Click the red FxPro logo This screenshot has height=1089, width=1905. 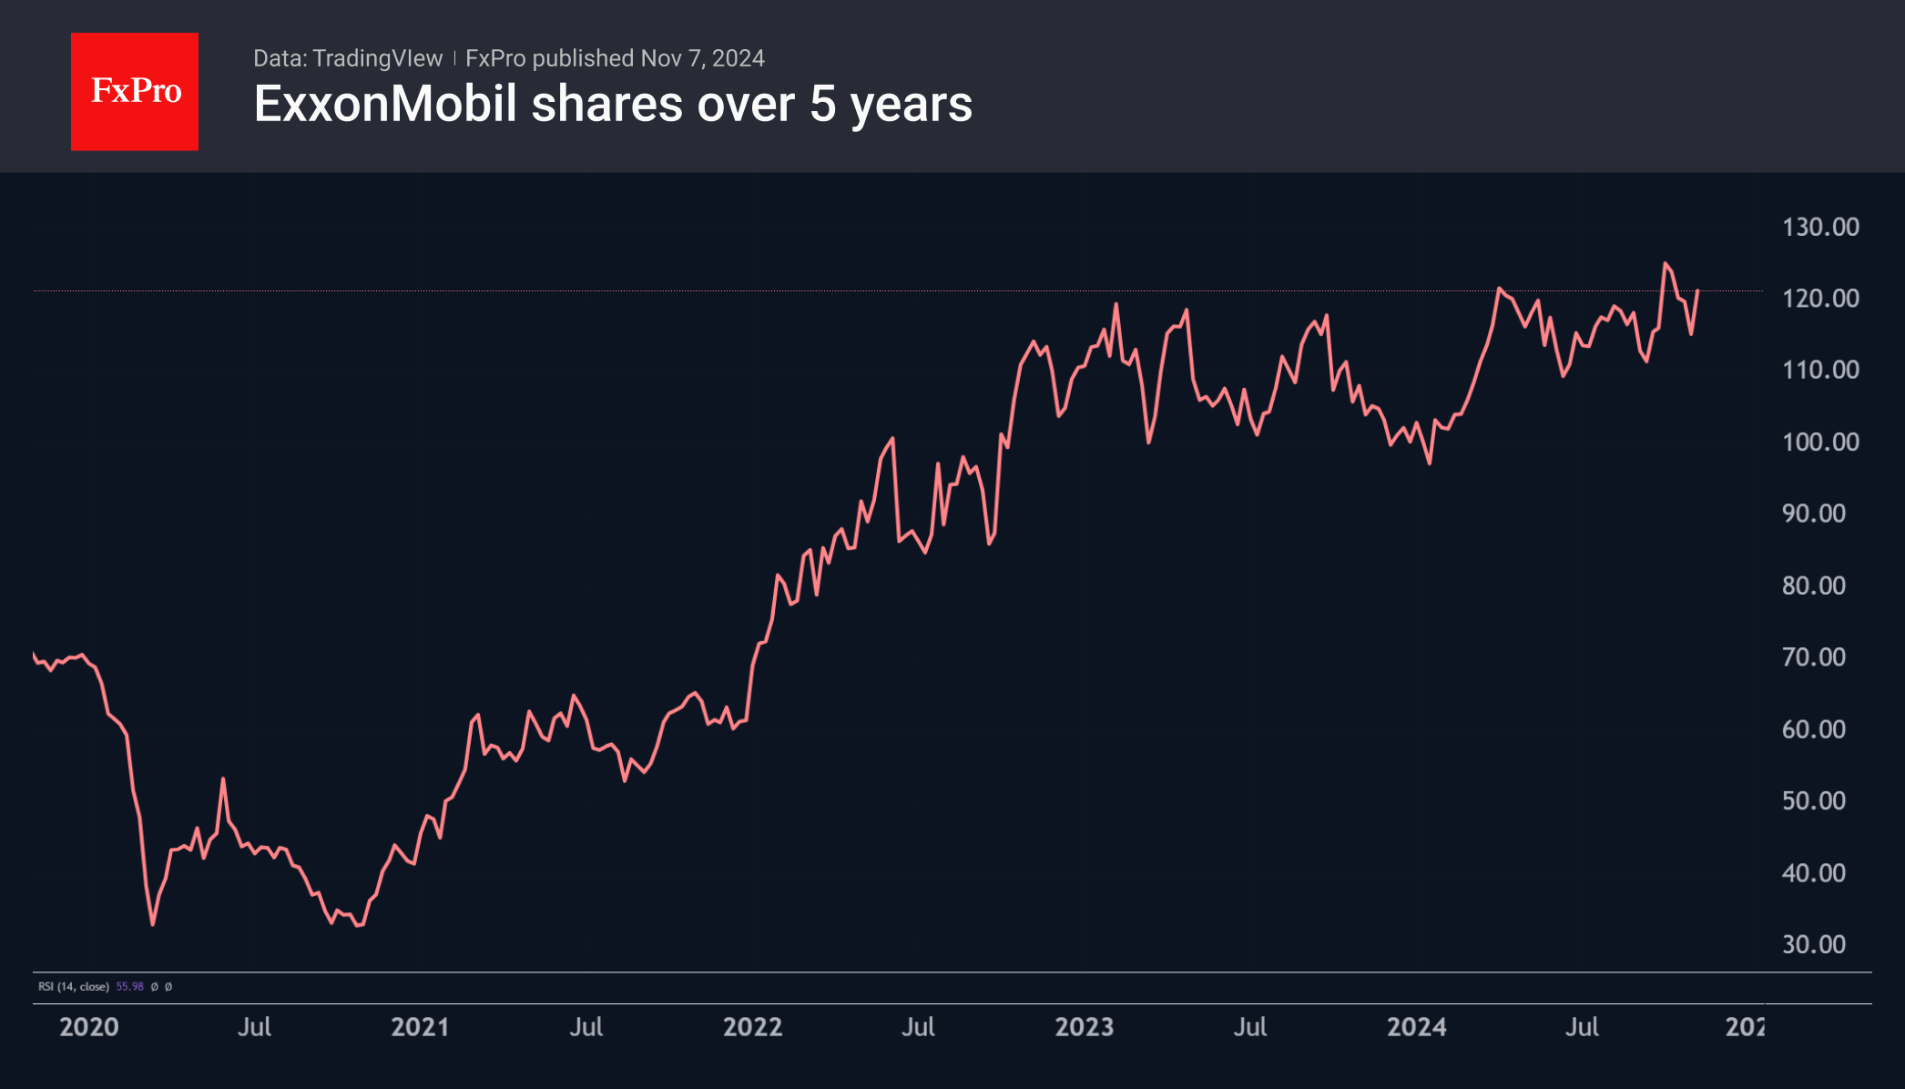tap(135, 91)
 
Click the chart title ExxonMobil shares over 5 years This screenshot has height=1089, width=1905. tap(613, 104)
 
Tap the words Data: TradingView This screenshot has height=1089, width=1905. tap(347, 58)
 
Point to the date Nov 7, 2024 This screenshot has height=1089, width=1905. tap(702, 58)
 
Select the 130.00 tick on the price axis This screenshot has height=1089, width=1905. tap(1820, 227)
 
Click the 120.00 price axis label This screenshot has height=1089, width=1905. tap(1820, 299)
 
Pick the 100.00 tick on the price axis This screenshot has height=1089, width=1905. tap(1820, 443)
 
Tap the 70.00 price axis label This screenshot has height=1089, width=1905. tap(1813, 657)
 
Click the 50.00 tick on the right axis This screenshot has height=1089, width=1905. tap(1813, 801)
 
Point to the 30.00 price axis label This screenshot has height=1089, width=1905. tap(1813, 944)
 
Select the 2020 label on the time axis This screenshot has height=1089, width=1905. tap(89, 1027)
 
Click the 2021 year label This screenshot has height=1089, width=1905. tap(420, 1027)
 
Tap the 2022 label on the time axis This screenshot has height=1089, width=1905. tap(752, 1027)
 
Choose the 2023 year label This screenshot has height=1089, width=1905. tap(1084, 1027)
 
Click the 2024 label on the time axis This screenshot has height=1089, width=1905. tap(1416, 1027)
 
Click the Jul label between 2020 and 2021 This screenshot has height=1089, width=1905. tap(254, 1027)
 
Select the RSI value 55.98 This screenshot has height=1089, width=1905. tap(129, 987)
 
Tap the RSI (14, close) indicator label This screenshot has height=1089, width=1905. tap(74, 987)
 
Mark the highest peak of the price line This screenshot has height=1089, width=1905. tap(1665, 264)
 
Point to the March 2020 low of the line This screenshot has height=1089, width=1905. tap(153, 924)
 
